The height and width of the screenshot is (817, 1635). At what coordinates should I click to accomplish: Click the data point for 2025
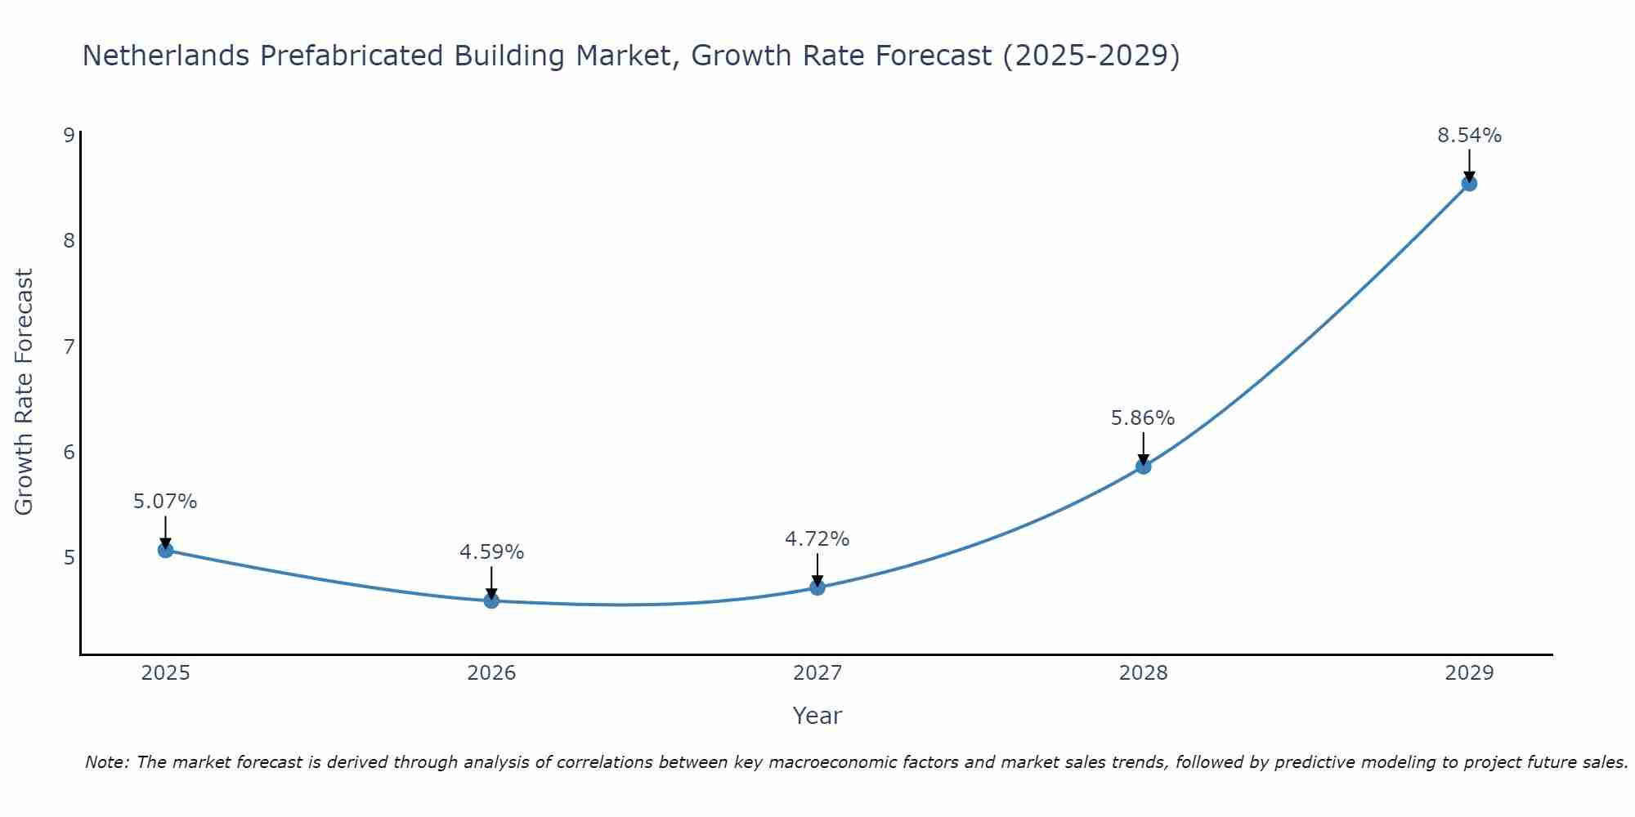pyautogui.click(x=165, y=550)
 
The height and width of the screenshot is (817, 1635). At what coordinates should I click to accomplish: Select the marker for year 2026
pyautogui.click(x=491, y=600)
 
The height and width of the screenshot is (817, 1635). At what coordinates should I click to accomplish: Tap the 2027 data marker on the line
pyautogui.click(x=817, y=587)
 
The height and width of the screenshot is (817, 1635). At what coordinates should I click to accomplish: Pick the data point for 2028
pyautogui.click(x=1143, y=467)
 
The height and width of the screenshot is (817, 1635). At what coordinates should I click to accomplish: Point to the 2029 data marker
pyautogui.click(x=1469, y=184)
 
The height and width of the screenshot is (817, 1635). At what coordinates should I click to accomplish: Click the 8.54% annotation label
pyautogui.click(x=1469, y=136)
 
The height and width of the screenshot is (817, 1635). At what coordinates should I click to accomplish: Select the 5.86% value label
pyautogui.click(x=1142, y=418)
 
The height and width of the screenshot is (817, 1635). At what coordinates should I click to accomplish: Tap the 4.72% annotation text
pyautogui.click(x=817, y=539)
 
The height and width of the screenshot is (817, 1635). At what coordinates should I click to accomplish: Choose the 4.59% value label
pyautogui.click(x=491, y=552)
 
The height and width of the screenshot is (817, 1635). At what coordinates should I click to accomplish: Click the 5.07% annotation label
pyautogui.click(x=165, y=502)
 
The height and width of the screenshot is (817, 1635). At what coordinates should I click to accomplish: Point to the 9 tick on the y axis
pyautogui.click(x=69, y=135)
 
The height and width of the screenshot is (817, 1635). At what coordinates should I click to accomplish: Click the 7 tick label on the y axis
pyautogui.click(x=69, y=346)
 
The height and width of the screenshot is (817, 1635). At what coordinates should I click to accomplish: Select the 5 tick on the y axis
pyautogui.click(x=69, y=558)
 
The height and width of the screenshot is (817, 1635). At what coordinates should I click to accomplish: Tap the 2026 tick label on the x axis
pyautogui.click(x=491, y=673)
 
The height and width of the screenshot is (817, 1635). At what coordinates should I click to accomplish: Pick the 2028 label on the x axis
pyautogui.click(x=1143, y=673)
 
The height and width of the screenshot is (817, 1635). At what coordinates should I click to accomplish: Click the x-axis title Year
pyautogui.click(x=817, y=716)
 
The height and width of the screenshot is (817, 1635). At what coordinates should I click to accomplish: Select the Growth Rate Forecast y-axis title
pyautogui.click(x=25, y=391)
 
